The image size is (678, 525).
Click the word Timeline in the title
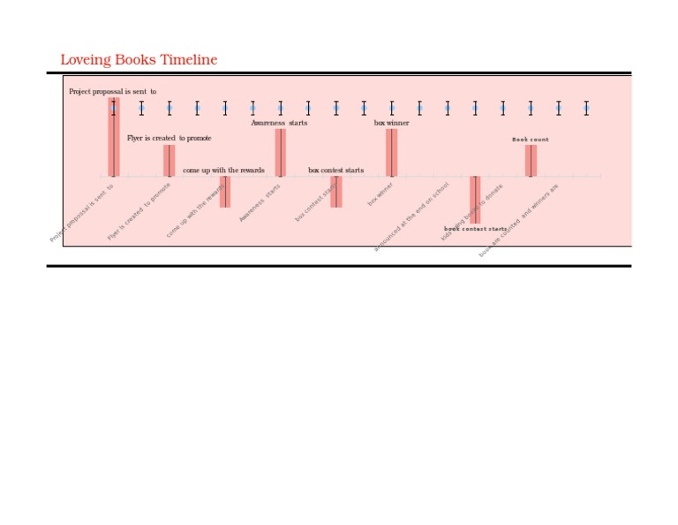(x=188, y=60)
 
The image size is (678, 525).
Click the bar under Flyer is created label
(x=169, y=161)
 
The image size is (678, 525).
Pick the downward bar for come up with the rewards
(x=225, y=191)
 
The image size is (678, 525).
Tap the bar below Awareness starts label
(x=280, y=152)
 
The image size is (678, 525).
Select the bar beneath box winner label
(x=391, y=152)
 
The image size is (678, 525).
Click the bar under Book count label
(x=531, y=161)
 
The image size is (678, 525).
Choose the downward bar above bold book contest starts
(x=475, y=198)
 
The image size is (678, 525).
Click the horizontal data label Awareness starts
(x=279, y=123)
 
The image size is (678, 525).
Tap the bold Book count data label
(x=531, y=140)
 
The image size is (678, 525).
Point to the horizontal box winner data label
(x=391, y=123)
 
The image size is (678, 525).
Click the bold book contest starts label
(x=475, y=229)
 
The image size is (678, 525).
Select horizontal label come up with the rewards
(x=223, y=170)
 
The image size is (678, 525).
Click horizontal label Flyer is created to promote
(x=169, y=138)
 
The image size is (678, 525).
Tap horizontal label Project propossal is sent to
(x=112, y=91)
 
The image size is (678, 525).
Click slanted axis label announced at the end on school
(x=411, y=217)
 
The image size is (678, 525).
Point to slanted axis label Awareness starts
(x=260, y=202)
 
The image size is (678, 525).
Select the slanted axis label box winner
(x=380, y=194)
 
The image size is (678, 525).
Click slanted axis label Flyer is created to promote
(x=139, y=212)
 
